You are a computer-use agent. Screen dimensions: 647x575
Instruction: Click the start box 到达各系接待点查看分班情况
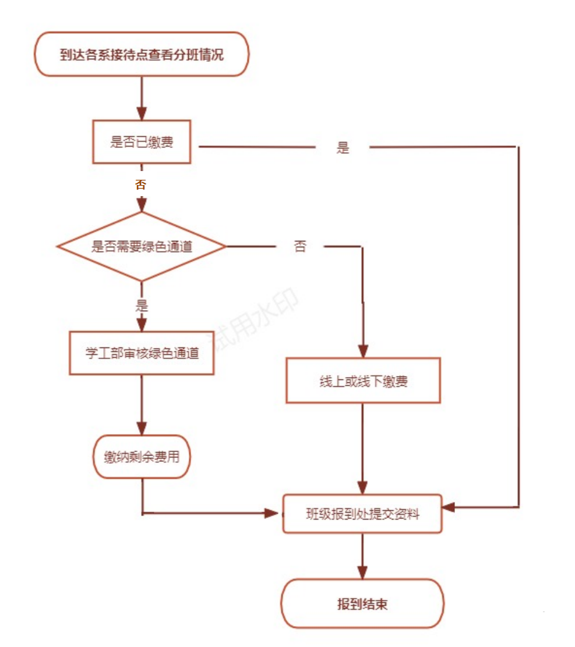pyautogui.click(x=142, y=55)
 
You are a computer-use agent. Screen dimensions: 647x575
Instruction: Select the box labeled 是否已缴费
pyautogui.click(x=142, y=142)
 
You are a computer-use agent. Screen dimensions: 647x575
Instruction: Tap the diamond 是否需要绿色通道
pyautogui.click(x=142, y=247)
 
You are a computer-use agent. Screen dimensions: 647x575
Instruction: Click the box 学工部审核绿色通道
pyautogui.click(x=142, y=353)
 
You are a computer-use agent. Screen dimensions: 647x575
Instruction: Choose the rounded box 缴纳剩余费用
pyautogui.click(x=142, y=457)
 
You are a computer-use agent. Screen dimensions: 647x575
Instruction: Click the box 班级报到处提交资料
pyautogui.click(x=362, y=514)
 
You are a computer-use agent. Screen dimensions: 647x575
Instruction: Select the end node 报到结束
pyautogui.click(x=362, y=604)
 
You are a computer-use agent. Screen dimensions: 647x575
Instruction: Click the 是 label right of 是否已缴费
pyautogui.click(x=343, y=148)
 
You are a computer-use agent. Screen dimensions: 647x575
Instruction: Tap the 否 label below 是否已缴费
pyautogui.click(x=140, y=185)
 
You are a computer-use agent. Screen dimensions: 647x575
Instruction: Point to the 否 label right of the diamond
pyautogui.click(x=300, y=247)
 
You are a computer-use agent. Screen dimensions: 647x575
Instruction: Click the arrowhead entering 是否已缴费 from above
pyautogui.click(x=142, y=113)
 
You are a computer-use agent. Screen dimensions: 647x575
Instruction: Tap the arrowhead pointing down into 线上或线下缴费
pyautogui.click(x=363, y=351)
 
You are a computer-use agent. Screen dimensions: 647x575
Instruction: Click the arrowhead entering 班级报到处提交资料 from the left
pyautogui.click(x=271, y=513)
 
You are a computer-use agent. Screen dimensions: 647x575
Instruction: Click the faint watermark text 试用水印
pyautogui.click(x=256, y=320)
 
